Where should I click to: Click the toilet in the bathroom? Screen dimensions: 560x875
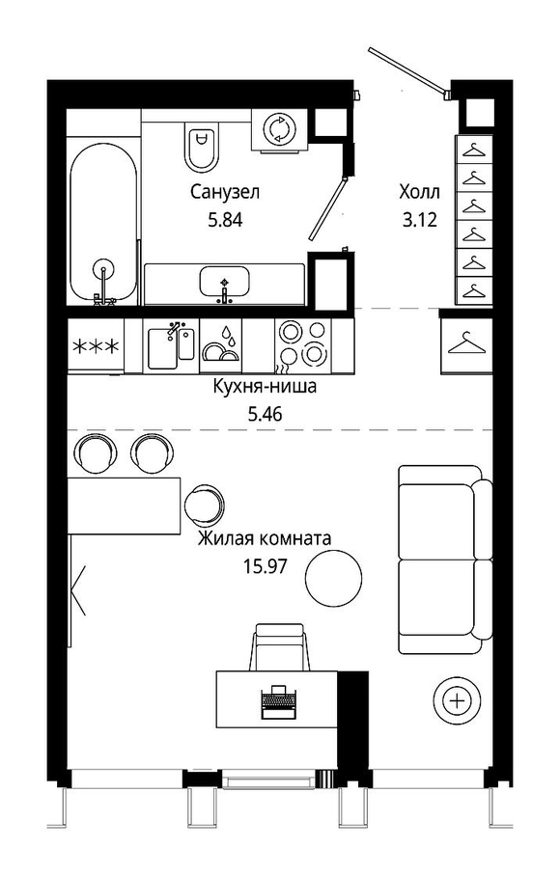[x=201, y=145]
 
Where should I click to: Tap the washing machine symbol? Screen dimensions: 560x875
[x=279, y=129]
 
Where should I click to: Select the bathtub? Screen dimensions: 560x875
[x=103, y=223]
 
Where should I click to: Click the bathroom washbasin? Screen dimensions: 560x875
[x=224, y=282]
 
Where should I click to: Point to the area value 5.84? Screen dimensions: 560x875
[x=225, y=220]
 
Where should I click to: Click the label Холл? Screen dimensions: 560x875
[x=419, y=193]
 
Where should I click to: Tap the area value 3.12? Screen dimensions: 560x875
[x=419, y=220]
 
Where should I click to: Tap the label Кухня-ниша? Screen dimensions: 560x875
[x=265, y=386]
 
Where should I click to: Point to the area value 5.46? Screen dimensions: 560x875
[x=265, y=414]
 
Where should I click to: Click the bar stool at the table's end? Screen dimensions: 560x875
[x=205, y=505]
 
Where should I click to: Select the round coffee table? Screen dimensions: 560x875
[x=334, y=577]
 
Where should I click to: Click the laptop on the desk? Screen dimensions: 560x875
[x=278, y=701]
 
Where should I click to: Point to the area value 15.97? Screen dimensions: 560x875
[x=265, y=566]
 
